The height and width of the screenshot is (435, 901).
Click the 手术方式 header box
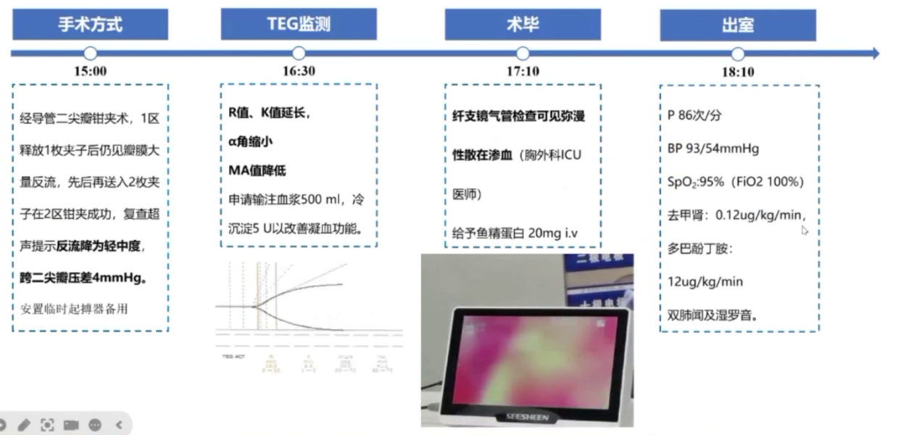(x=91, y=24)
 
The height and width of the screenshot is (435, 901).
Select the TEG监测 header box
(x=298, y=24)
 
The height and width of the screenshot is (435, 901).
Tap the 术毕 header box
(x=522, y=24)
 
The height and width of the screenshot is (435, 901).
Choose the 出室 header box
(x=737, y=25)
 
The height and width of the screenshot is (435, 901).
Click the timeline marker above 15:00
(x=91, y=54)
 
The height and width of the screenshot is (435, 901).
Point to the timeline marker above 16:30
(x=298, y=54)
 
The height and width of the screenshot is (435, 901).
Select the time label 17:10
(x=522, y=72)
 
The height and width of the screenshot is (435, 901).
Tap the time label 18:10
(x=737, y=72)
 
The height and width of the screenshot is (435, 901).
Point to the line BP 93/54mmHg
(x=713, y=149)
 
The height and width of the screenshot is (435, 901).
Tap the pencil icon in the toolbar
(x=24, y=425)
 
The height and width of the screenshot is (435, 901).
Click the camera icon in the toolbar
(x=71, y=425)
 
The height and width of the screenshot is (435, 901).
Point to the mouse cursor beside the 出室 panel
(x=805, y=230)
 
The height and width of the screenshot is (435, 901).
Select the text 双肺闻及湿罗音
(x=709, y=315)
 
